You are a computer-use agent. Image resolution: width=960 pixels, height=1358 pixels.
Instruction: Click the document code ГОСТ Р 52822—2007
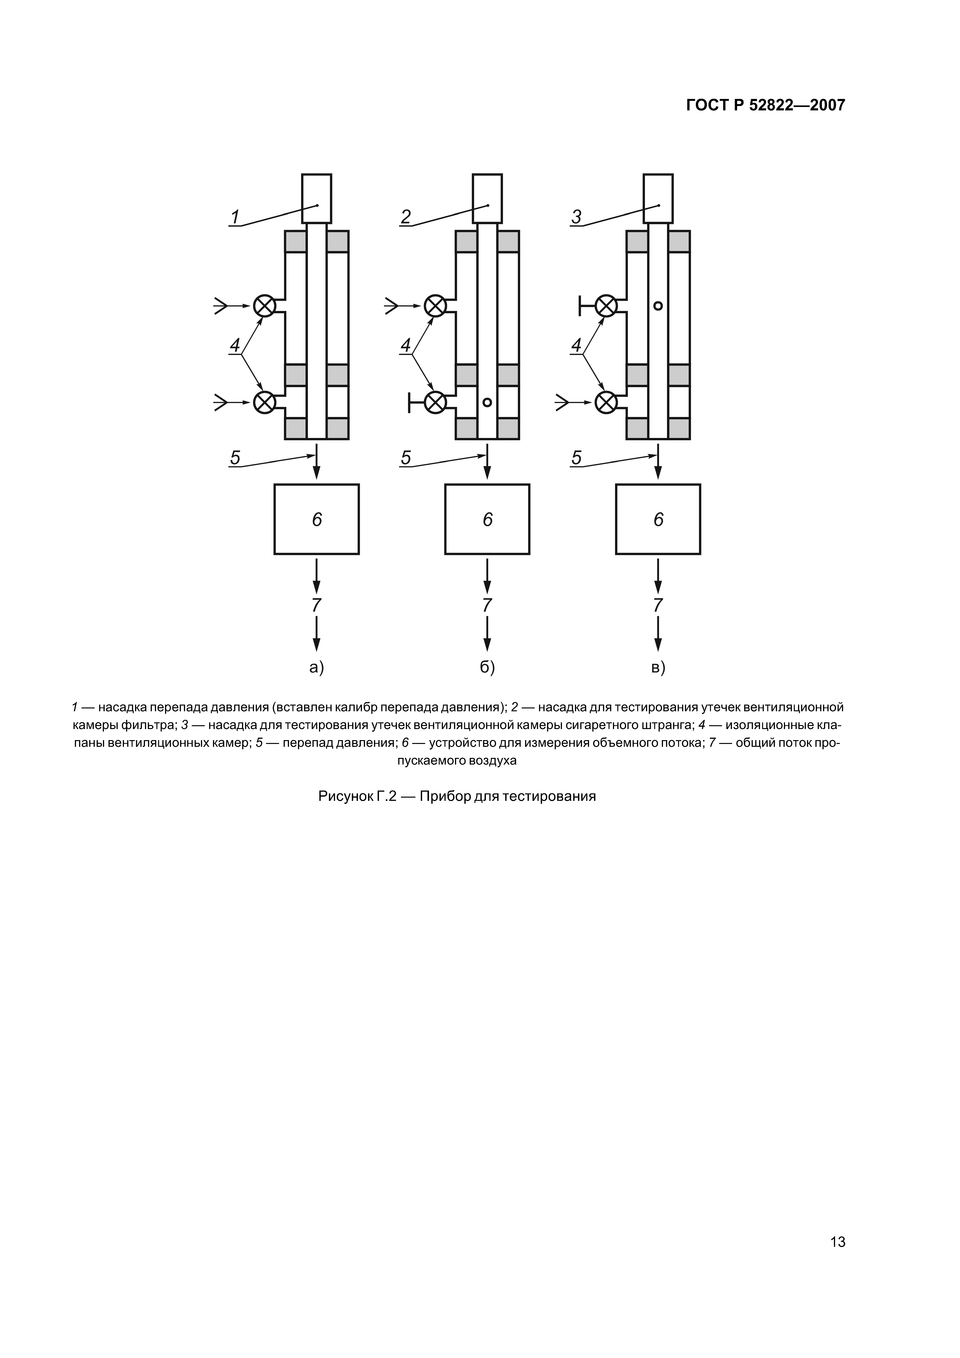765,105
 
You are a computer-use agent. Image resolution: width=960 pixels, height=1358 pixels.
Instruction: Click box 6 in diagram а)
316,519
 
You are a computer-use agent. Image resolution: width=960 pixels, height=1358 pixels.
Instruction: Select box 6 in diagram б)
487,519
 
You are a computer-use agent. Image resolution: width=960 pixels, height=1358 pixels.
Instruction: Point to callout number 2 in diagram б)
406,217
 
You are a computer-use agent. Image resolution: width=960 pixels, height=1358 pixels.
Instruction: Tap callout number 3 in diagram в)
577,217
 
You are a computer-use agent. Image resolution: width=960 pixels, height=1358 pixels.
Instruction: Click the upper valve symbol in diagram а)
264,306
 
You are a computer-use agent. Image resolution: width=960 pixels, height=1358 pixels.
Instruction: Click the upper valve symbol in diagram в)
606,306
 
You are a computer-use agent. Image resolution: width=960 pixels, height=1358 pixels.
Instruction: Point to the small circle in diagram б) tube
487,402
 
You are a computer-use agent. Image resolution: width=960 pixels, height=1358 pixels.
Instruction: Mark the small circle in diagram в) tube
658,306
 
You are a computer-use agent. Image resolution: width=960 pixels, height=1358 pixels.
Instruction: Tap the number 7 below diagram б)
487,605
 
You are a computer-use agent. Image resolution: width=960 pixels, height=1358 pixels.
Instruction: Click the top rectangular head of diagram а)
316,198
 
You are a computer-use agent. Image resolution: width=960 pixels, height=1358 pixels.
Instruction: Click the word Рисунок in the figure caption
345,796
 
